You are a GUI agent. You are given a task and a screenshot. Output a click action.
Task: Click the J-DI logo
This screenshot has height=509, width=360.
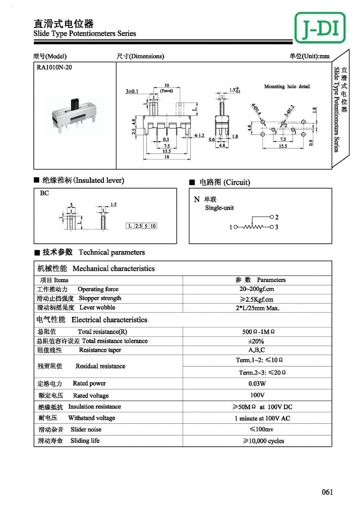coord(320,27)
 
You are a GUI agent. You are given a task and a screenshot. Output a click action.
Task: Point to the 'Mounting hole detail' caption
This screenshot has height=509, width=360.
coord(287,87)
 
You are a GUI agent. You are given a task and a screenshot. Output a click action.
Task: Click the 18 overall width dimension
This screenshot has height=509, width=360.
coord(167,157)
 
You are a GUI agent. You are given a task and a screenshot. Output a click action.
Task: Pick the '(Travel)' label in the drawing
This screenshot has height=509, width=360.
coord(167,90)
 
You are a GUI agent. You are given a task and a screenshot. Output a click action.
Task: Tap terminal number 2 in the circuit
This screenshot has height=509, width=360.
coord(276,217)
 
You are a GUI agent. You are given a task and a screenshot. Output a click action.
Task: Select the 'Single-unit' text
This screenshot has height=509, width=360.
coord(219,208)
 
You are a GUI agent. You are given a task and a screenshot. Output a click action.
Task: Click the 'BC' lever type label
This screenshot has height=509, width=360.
coord(45,193)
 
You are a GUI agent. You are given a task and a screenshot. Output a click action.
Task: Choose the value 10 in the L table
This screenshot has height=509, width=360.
coord(153,226)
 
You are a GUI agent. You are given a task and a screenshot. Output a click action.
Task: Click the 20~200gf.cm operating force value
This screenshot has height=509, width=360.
coord(257,289)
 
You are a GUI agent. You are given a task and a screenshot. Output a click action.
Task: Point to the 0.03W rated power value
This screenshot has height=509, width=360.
coord(257,383)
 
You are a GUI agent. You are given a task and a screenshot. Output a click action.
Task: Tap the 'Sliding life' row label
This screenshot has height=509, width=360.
coord(85,441)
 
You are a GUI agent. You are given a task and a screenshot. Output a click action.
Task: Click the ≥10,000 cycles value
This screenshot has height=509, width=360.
coord(263,441)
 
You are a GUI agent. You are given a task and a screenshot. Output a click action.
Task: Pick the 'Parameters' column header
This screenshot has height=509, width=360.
coord(271,280)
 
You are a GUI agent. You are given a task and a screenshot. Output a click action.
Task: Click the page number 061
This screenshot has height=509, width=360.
coord(327,492)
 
